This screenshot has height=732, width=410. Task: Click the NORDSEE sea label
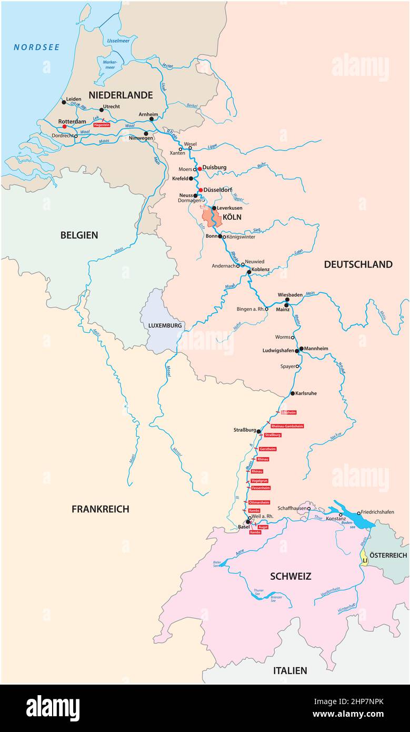pyautogui.click(x=36, y=47)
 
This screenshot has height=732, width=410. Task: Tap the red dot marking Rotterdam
pyautogui.click(x=64, y=126)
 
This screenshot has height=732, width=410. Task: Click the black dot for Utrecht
pyautogui.click(x=102, y=111)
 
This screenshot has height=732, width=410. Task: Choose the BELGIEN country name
pyautogui.click(x=79, y=235)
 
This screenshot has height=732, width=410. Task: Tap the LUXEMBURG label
pyautogui.click(x=165, y=325)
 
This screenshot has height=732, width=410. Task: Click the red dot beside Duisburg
pyautogui.click(x=199, y=169)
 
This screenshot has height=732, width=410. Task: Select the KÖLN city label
pyautogui.click(x=232, y=216)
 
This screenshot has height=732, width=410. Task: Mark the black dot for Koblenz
pyautogui.click(x=249, y=272)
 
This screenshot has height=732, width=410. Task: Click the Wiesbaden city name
pyautogui.click(x=290, y=295)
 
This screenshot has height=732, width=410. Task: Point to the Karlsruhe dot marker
pyautogui.click(x=293, y=393)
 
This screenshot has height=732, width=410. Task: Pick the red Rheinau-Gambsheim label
pyautogui.click(x=287, y=426)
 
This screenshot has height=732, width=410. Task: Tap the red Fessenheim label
pyautogui.click(x=261, y=488)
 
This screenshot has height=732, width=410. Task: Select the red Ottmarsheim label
pyautogui.click(x=259, y=502)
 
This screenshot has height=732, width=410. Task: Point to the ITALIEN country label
pyautogui.click(x=289, y=670)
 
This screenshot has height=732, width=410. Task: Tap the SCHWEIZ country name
pyautogui.click(x=291, y=577)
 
